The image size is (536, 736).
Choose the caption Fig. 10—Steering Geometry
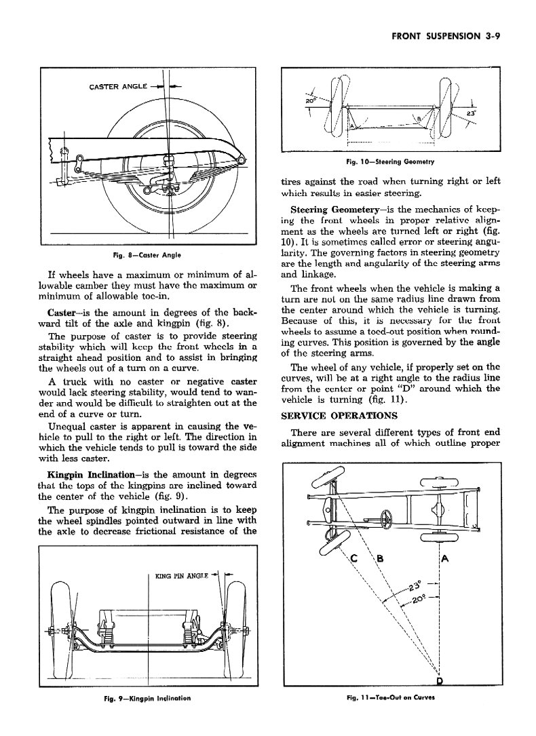pos(390,162)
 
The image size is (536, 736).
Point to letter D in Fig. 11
pos(440,680)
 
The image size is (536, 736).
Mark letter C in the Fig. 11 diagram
pos(353,559)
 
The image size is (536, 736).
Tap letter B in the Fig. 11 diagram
pos(380,559)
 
